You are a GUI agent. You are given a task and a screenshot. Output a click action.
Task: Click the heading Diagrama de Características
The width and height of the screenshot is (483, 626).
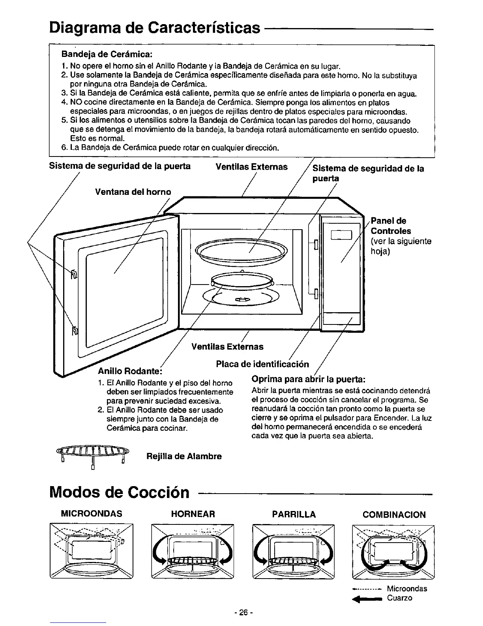[x=155, y=28]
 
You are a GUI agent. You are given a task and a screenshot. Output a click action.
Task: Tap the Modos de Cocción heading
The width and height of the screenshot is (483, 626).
[x=119, y=492]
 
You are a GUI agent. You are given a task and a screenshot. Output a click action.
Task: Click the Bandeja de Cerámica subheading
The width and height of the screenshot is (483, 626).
[x=106, y=53]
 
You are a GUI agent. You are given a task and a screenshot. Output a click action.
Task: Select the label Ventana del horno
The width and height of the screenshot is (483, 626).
[x=133, y=192]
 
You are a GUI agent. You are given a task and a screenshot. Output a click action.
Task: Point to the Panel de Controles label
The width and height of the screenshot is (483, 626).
[x=391, y=226]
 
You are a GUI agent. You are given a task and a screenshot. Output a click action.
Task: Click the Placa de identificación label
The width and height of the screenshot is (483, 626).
[x=262, y=364]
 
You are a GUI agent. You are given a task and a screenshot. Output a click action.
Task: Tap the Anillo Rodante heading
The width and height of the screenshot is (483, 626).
[x=130, y=372]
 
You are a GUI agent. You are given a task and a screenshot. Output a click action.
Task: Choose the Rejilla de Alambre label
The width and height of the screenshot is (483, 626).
[x=184, y=456]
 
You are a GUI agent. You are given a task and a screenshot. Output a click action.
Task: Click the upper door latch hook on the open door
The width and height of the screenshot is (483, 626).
[x=74, y=274]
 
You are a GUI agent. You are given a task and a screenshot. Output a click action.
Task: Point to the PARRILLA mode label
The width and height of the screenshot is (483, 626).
[x=294, y=514]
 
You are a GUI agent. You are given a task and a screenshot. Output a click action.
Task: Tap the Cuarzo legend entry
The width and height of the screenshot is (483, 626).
[x=399, y=598]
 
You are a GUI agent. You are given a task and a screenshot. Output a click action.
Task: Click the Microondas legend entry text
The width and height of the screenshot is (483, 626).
[x=407, y=588]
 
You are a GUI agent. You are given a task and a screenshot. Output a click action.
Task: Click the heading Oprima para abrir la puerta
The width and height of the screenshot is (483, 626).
[x=309, y=379]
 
